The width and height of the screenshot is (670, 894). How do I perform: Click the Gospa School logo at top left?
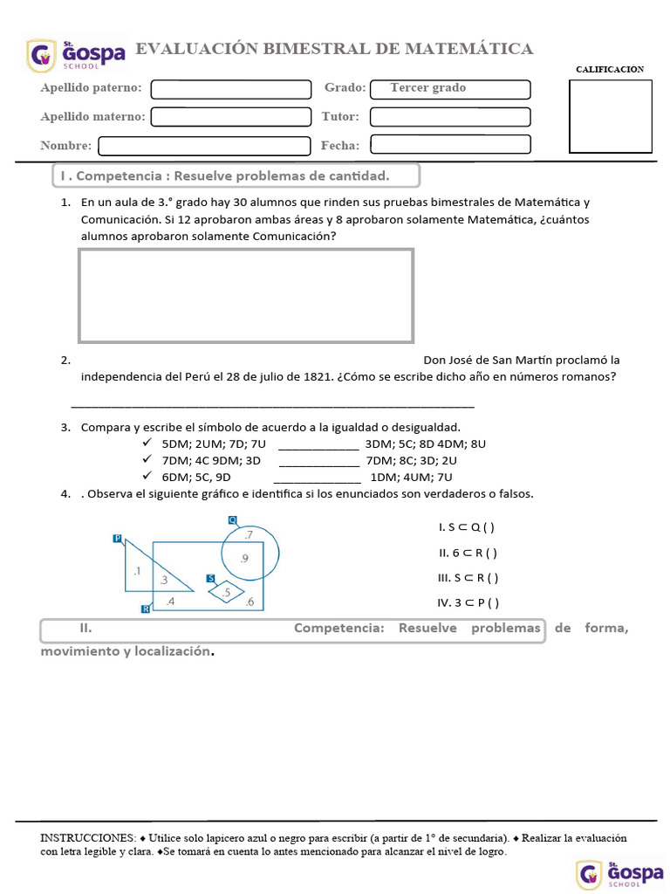click(76, 56)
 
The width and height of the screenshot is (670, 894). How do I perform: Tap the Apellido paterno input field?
click(231, 89)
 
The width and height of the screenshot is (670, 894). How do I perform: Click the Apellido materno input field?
click(231, 116)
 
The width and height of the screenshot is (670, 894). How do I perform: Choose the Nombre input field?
click(204, 145)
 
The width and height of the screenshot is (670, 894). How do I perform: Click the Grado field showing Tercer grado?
click(450, 89)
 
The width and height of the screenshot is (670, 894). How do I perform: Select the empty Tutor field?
click(450, 116)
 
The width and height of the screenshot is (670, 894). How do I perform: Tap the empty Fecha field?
click(450, 145)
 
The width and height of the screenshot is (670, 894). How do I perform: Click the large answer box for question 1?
click(246, 296)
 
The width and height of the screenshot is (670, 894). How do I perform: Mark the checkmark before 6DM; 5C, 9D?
click(147, 477)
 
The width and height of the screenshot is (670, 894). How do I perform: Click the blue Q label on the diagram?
click(232, 520)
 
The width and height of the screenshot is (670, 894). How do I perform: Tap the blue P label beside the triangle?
click(118, 539)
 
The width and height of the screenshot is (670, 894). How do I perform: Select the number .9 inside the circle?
click(244, 559)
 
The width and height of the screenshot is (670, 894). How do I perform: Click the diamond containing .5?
click(227, 592)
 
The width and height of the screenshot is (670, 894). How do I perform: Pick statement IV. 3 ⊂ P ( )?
click(468, 602)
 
